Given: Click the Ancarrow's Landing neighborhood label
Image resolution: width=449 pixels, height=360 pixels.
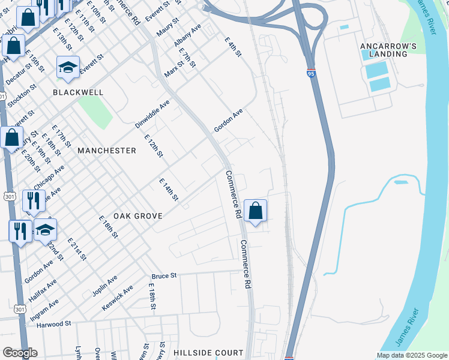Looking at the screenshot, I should pyautogui.click(x=392, y=50).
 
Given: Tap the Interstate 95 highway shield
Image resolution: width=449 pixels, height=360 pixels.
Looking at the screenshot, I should pyautogui.click(x=310, y=73).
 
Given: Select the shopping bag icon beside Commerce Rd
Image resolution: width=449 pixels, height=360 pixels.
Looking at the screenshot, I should pyautogui.click(x=255, y=211).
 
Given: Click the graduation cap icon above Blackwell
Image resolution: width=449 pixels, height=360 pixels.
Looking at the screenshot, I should pyautogui.click(x=68, y=68).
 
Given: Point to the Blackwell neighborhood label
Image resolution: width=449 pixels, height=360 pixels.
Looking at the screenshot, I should pyautogui.click(x=78, y=93).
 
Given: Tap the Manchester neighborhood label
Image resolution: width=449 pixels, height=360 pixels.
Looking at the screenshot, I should pyautogui.click(x=107, y=151).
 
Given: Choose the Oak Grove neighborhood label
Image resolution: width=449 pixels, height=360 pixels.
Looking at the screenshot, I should pyautogui.click(x=139, y=215).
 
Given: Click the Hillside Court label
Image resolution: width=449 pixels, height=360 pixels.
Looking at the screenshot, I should pyautogui.click(x=208, y=353).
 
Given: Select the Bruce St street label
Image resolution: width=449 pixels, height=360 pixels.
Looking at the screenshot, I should pyautogui.click(x=164, y=275).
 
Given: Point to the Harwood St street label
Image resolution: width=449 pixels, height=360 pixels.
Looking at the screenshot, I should pyautogui.click(x=53, y=323).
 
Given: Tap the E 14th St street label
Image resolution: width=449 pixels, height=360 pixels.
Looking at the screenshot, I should pyautogui.click(x=169, y=190).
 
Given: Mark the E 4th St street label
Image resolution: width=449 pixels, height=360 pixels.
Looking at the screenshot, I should pyautogui.click(x=233, y=47).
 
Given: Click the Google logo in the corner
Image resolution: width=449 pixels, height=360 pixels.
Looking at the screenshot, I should pyautogui.click(x=20, y=353).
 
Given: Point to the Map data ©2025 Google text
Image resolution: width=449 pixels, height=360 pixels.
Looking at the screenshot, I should pyautogui.click(x=411, y=355).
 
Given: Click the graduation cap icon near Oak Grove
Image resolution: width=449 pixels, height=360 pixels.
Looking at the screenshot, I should pyautogui.click(x=45, y=230).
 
